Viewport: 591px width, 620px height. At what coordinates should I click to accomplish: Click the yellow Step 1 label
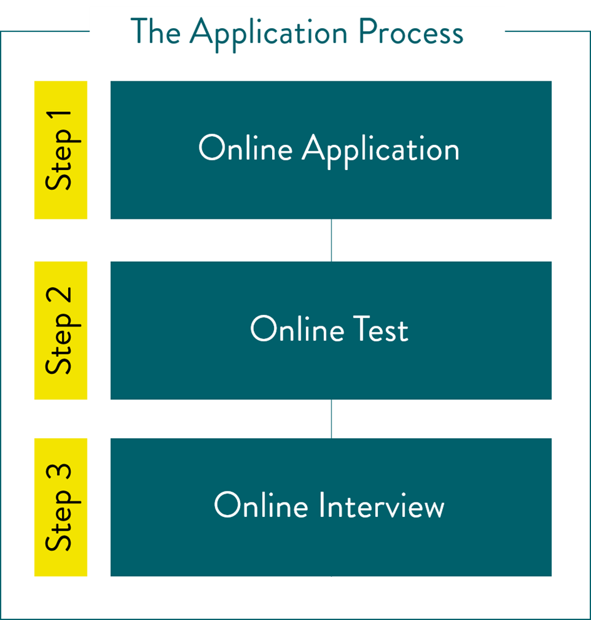pyautogui.click(x=61, y=150)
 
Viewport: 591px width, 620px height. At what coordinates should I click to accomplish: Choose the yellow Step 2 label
pyautogui.click(x=61, y=330)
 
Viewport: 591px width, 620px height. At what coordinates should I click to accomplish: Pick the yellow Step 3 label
pyautogui.click(x=61, y=507)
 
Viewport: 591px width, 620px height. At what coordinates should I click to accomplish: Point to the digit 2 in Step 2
pyautogui.click(x=61, y=298)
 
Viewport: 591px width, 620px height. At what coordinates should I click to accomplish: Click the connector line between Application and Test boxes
pyautogui.click(x=331, y=240)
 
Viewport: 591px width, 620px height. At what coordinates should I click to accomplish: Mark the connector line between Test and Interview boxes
pyautogui.click(x=331, y=419)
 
